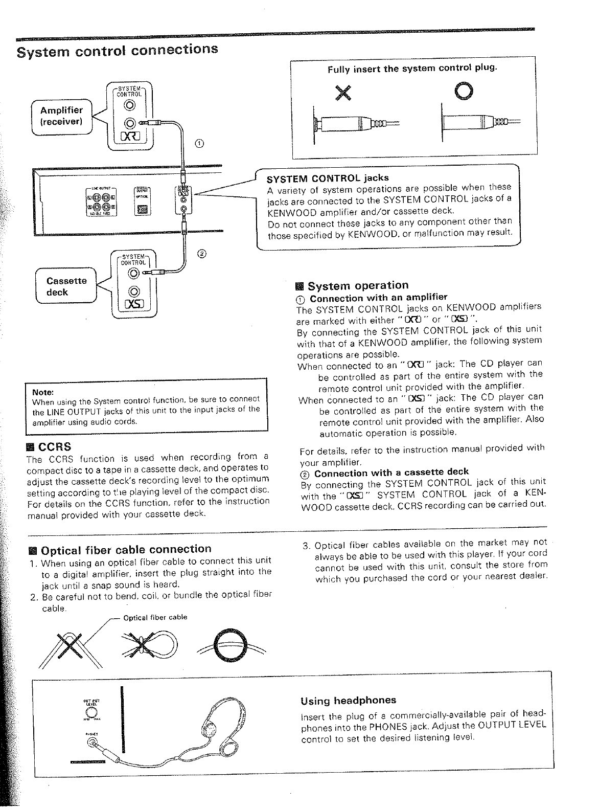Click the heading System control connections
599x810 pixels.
coord(118,50)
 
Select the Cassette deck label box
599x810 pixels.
coord(66,286)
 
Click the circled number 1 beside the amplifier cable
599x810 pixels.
coord(199,143)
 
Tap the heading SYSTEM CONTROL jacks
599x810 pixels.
coord(328,178)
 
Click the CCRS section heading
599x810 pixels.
coord(53,445)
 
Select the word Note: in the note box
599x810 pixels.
coord(43,393)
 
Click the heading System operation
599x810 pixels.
coord(358,285)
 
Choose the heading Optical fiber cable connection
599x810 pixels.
coord(125,549)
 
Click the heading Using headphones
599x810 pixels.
coord(348,700)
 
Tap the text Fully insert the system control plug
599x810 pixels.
coord(412,69)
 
